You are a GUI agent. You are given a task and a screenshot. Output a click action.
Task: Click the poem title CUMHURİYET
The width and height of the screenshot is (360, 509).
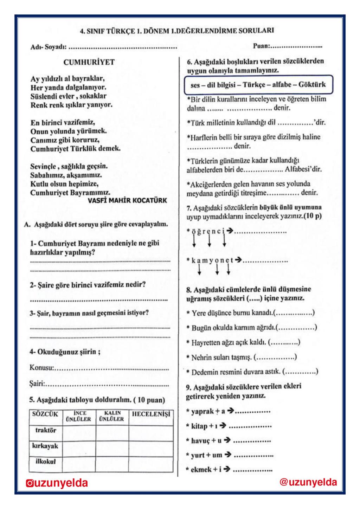(x=89, y=62)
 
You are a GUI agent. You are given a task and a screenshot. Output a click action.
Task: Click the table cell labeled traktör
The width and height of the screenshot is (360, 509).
(x=45, y=430)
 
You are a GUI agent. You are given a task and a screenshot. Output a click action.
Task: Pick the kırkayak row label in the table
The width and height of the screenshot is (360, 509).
(x=45, y=446)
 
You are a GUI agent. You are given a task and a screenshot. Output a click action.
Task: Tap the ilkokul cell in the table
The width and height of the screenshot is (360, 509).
(x=45, y=462)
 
